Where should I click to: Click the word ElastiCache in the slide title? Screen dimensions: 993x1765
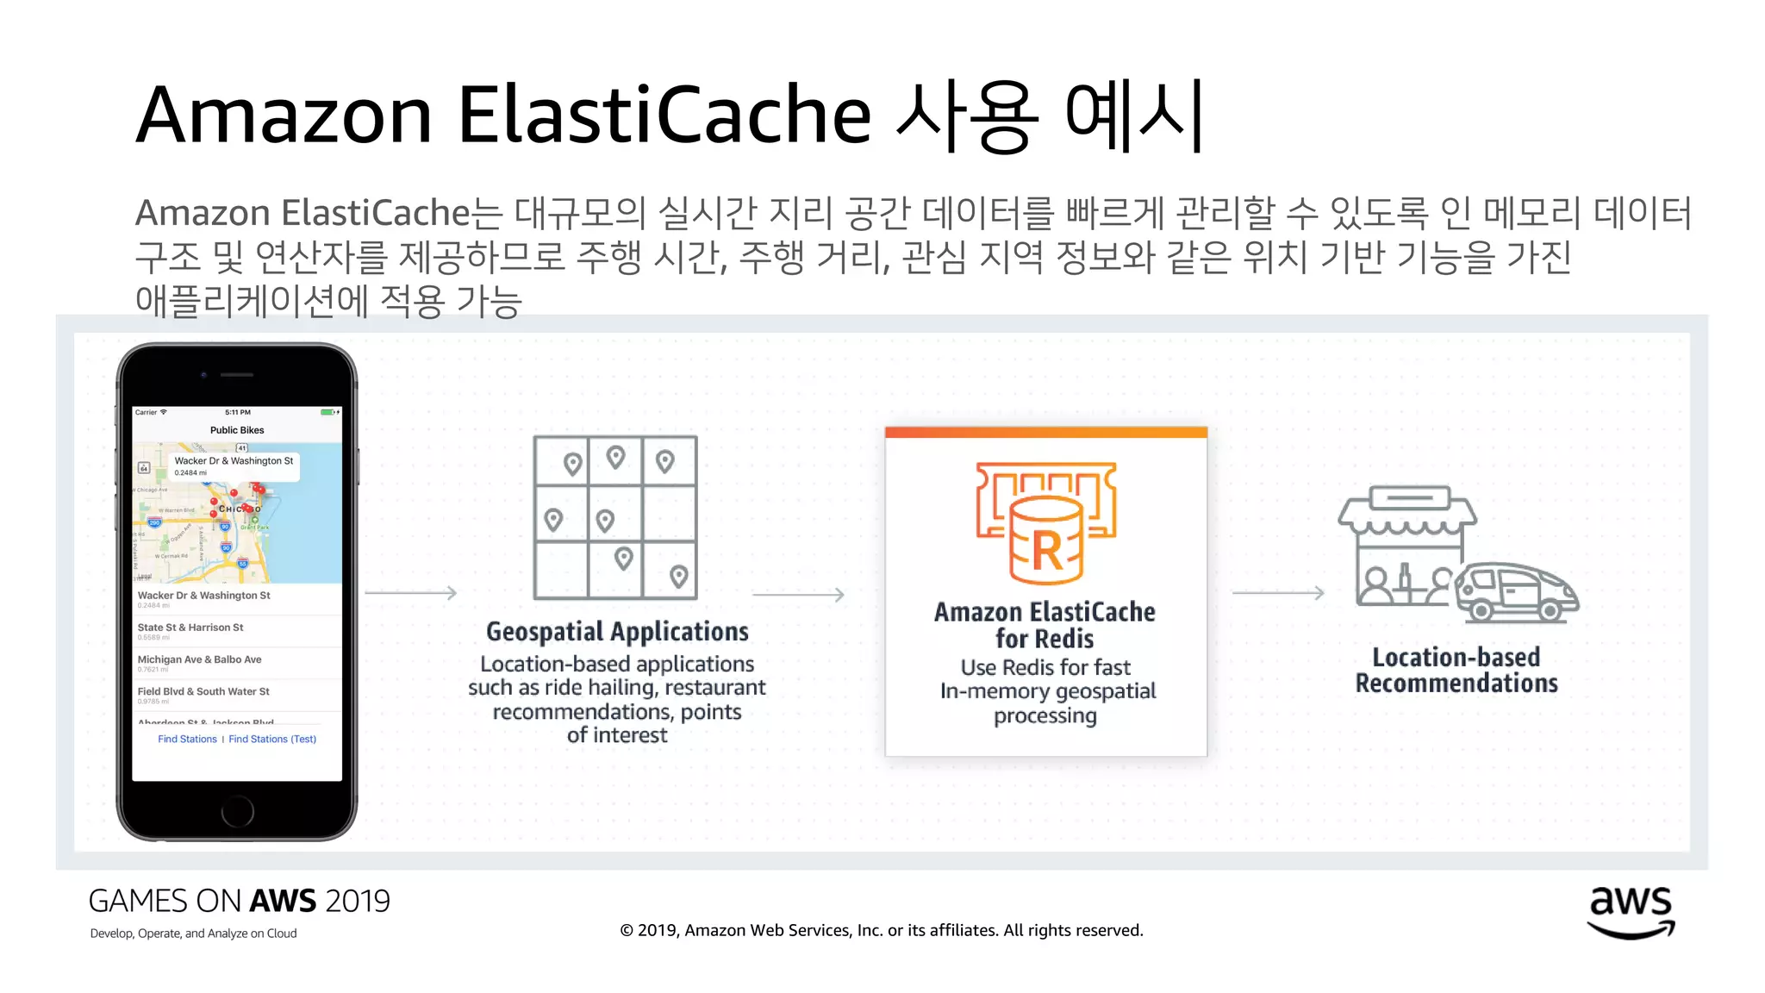[x=664, y=115]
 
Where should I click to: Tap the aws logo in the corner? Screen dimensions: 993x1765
[x=1631, y=912]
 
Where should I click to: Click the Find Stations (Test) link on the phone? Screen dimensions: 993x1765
[x=272, y=739]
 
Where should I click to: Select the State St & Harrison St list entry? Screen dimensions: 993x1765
[x=190, y=628]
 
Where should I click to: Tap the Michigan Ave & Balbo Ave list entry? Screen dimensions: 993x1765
[x=199, y=659]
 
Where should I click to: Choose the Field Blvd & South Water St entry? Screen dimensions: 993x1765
[x=203, y=691]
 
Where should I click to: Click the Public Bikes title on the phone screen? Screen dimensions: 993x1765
[x=237, y=430]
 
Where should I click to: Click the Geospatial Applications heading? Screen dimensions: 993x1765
[x=617, y=632]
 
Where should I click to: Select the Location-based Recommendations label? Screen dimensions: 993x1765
[x=1456, y=670]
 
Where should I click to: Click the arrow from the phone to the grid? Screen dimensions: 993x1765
[x=411, y=593]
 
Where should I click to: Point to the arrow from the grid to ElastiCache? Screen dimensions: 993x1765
[x=798, y=595]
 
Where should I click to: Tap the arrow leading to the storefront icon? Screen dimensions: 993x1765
[x=1278, y=593]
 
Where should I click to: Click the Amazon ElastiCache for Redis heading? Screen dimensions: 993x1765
[x=1045, y=625]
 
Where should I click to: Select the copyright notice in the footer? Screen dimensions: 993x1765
[x=882, y=930]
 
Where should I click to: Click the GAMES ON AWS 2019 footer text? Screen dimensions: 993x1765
[x=240, y=901]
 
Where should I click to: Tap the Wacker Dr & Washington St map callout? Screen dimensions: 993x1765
[x=234, y=465]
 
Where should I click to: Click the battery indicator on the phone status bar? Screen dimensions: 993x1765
[x=329, y=412]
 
